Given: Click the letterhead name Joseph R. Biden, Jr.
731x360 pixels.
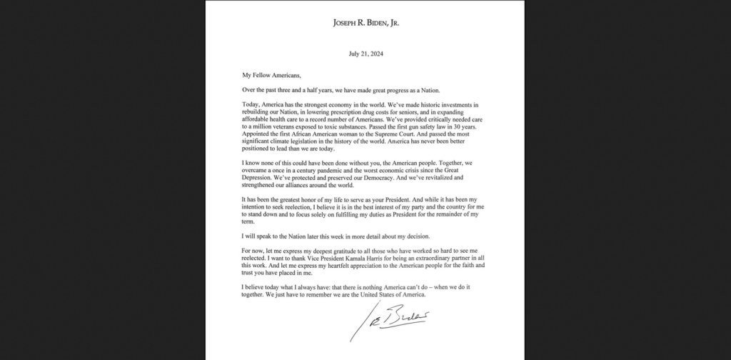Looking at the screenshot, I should (x=365, y=22).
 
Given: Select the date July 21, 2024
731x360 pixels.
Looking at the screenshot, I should (x=365, y=54).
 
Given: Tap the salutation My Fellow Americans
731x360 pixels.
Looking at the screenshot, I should (x=266, y=74).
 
